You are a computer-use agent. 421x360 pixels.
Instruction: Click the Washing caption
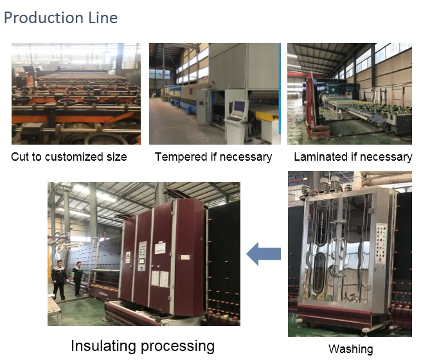(350, 349)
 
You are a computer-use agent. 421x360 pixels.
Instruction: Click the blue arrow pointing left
(264, 253)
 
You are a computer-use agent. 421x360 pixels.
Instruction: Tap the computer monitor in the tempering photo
(239, 106)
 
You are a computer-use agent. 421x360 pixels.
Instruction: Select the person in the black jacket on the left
(60, 280)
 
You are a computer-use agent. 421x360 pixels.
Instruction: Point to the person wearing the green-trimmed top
(78, 278)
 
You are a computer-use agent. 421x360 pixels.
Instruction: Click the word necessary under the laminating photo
(389, 157)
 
